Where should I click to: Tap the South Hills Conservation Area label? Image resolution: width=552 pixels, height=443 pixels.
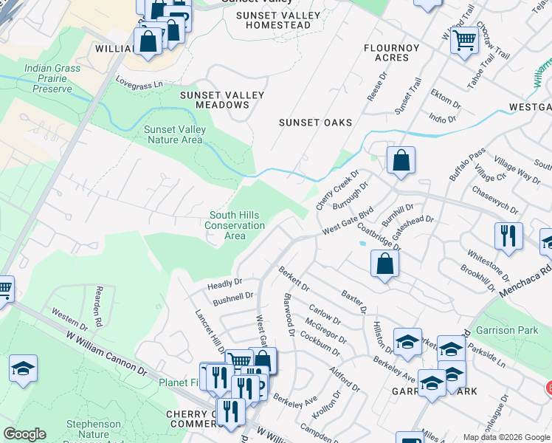point(234,225)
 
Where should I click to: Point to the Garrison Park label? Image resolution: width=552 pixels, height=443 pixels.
point(507,330)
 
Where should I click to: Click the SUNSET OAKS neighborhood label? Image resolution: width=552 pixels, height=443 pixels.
point(315,123)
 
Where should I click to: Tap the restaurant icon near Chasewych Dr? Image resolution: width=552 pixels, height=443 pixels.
point(508,236)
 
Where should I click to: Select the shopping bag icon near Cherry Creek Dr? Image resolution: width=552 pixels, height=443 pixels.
point(401,160)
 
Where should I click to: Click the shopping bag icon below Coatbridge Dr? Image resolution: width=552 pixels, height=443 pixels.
point(384,264)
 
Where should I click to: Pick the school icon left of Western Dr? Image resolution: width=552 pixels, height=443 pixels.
point(23,368)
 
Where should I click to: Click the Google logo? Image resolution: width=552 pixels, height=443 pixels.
point(24,434)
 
